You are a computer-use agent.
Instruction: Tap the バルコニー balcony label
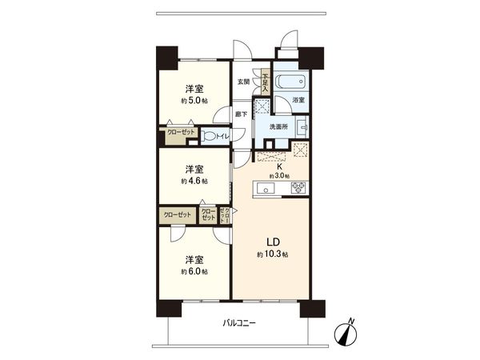pyautogui.click(x=239, y=324)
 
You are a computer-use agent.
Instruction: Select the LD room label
pyautogui.click(x=272, y=242)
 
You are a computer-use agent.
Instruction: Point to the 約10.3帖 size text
pyautogui.click(x=272, y=254)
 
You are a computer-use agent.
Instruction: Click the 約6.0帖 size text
pyautogui.click(x=194, y=272)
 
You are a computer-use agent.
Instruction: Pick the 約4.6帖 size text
pyautogui.click(x=194, y=182)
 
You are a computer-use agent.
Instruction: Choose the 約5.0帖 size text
pyautogui.click(x=194, y=102)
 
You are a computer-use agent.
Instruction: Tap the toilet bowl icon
pyautogui.click(x=210, y=137)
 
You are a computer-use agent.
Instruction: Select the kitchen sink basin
pyautogui.click(x=266, y=189)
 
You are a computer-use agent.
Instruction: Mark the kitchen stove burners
pyautogui.click(x=298, y=189)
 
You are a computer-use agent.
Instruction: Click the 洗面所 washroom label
pyautogui.click(x=278, y=126)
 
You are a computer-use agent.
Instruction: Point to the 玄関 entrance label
pyautogui.click(x=243, y=82)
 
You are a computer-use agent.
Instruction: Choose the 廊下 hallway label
pyautogui.click(x=241, y=114)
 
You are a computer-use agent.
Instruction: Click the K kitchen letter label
pyautogui.click(x=279, y=166)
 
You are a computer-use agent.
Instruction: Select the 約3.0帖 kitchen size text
pyautogui.click(x=279, y=176)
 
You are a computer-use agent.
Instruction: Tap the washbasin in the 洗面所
pyautogui.click(x=302, y=127)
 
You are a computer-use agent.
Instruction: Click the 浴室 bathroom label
pyautogui.click(x=298, y=100)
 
